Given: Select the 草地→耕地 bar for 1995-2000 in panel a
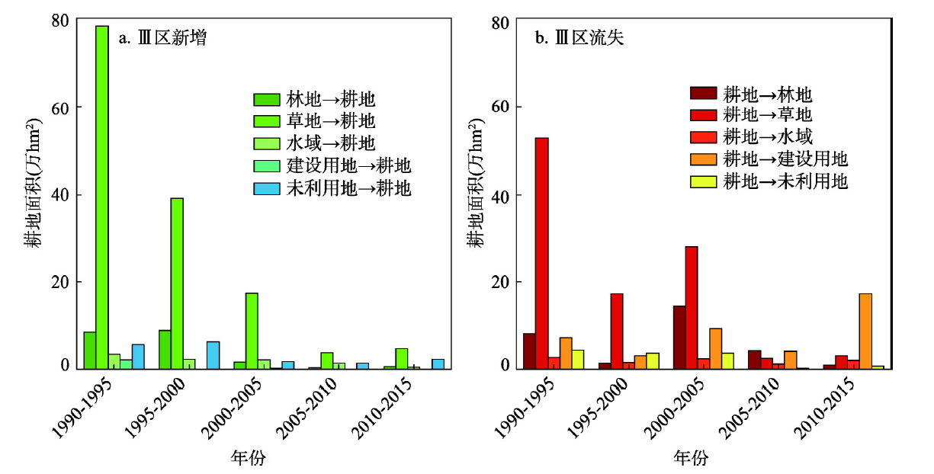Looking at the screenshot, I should [x=177, y=283].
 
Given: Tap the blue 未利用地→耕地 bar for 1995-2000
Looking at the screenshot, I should [x=213, y=355].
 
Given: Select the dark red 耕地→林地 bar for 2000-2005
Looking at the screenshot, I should [x=679, y=337].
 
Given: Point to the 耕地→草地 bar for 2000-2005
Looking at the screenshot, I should [x=692, y=307].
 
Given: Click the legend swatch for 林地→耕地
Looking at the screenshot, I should [x=267, y=100].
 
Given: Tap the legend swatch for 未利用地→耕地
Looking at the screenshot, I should [x=267, y=188].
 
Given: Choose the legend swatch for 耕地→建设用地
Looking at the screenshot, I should [x=704, y=159].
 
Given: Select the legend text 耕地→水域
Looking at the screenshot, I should [x=766, y=137].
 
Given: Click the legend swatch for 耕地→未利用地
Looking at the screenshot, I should [x=704, y=181].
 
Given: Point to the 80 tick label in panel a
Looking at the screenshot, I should [x=60, y=21].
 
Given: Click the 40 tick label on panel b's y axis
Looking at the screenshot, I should [x=499, y=195].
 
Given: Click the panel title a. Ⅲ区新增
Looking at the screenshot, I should [x=162, y=38].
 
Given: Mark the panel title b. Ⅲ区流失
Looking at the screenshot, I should [x=579, y=38].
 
